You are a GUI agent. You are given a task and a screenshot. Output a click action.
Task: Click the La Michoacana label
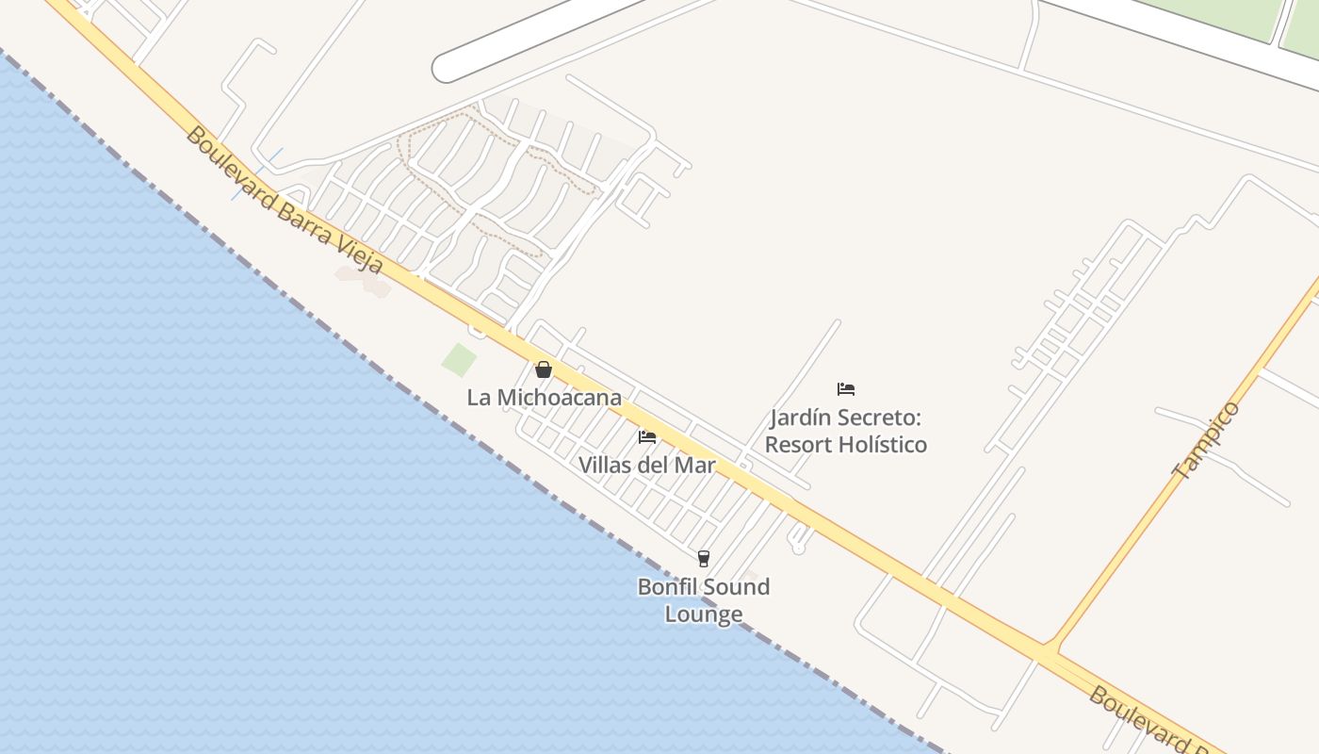[x=544, y=398]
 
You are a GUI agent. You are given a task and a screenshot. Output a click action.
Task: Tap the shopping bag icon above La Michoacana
[x=544, y=369]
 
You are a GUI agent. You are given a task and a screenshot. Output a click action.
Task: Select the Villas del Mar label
[x=646, y=465]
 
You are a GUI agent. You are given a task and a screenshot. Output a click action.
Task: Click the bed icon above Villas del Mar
[x=646, y=436]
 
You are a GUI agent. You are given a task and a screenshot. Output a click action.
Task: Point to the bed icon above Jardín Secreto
[x=846, y=388]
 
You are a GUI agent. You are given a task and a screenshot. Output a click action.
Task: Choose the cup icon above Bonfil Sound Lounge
[x=703, y=558]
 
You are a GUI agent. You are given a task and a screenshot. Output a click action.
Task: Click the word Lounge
[x=704, y=615]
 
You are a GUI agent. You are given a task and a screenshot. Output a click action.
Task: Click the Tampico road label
[x=1207, y=440]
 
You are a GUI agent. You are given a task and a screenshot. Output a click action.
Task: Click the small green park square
[x=460, y=359]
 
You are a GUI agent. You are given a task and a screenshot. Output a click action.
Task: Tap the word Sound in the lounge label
[x=736, y=586]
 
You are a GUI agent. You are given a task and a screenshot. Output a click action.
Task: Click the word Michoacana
[x=559, y=398]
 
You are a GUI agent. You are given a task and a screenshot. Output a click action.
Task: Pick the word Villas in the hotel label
[x=605, y=465]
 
